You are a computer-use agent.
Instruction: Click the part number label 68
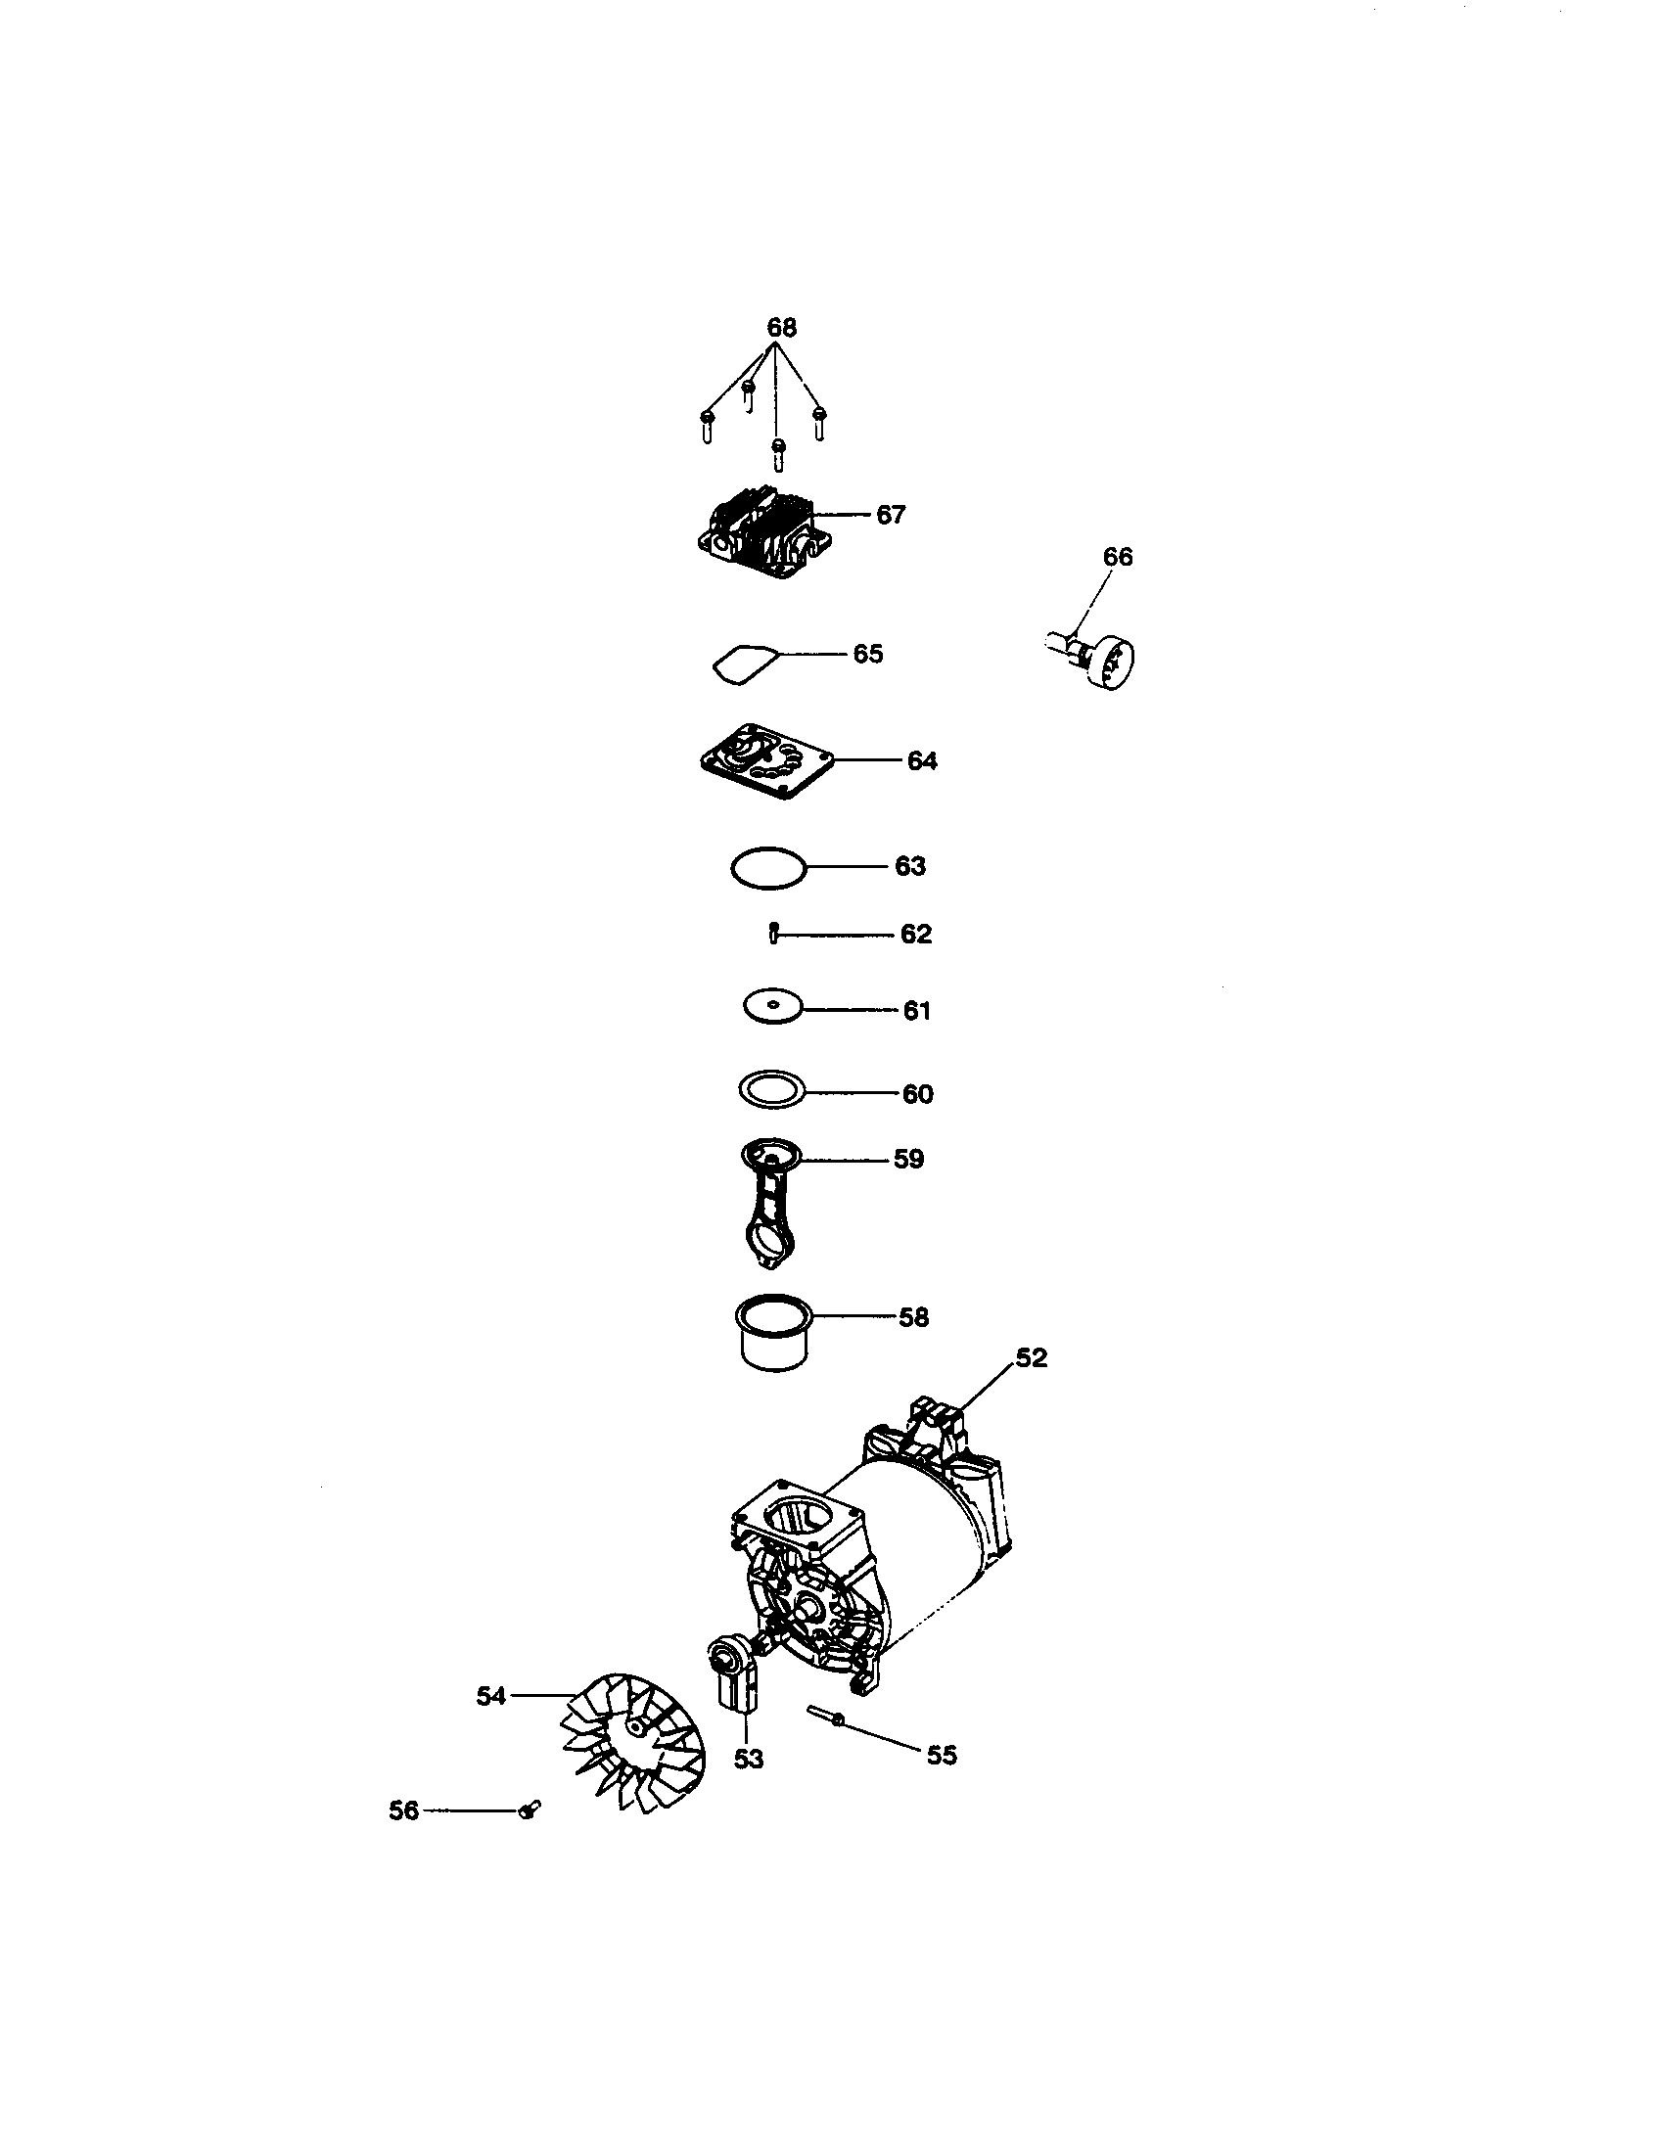[781, 326]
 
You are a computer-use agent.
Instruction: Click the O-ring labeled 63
[768, 868]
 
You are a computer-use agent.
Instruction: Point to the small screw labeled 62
[774, 932]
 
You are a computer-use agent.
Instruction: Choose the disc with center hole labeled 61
[773, 1006]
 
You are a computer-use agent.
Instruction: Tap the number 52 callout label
[1031, 1357]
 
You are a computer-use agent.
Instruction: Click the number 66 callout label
[1117, 557]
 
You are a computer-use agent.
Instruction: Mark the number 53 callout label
[748, 1759]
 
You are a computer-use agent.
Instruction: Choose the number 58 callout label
[914, 1317]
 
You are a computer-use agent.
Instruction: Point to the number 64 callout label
[922, 760]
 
